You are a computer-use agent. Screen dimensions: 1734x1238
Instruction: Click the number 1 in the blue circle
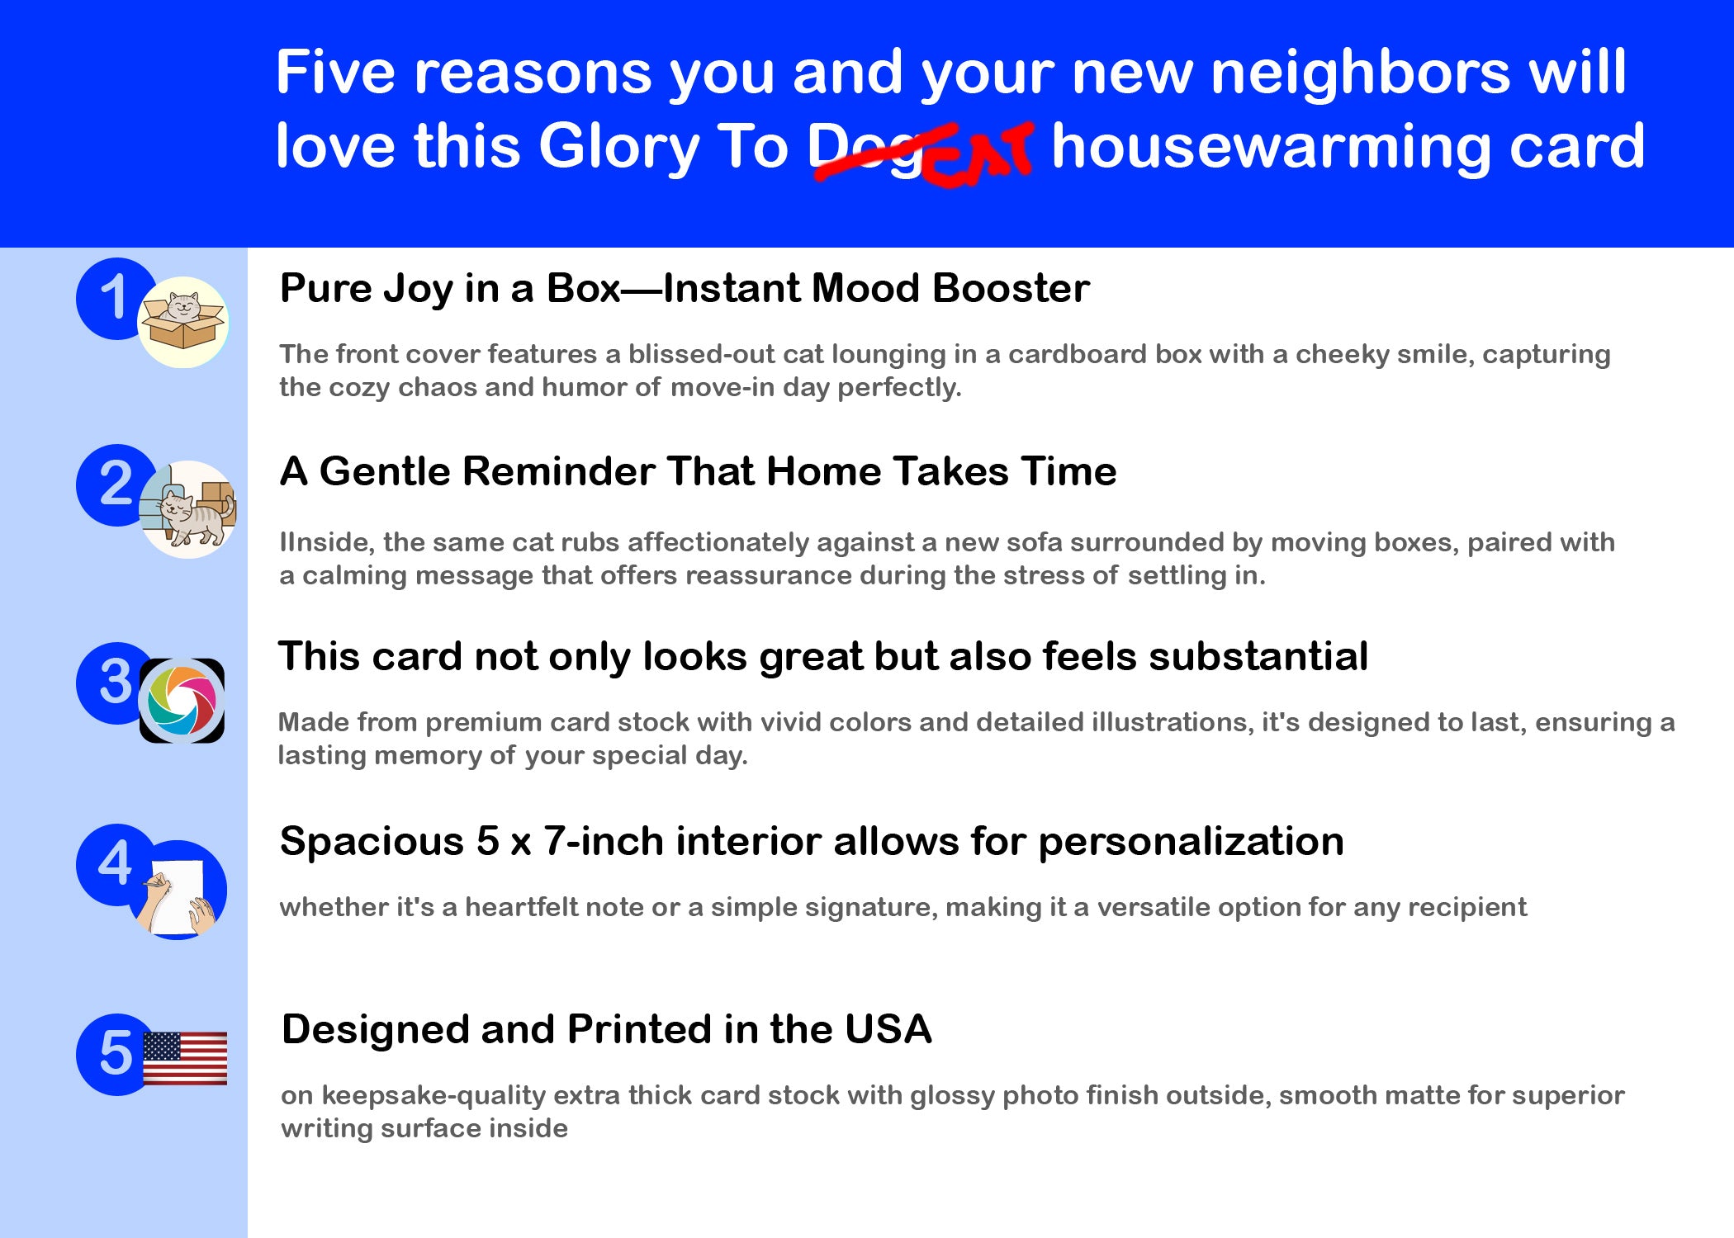pyautogui.click(x=113, y=298)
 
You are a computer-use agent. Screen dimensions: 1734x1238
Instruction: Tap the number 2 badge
pyautogui.click(x=115, y=484)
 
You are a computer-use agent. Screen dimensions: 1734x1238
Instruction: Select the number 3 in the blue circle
pyautogui.click(x=115, y=683)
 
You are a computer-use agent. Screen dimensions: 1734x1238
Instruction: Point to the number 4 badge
pyautogui.click(x=115, y=864)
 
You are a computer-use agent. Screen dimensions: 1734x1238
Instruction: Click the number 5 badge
pyautogui.click(x=115, y=1054)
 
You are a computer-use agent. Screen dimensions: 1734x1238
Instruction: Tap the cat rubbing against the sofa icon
pyautogui.click(x=188, y=509)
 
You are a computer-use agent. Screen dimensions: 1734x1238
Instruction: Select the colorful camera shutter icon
pyautogui.click(x=182, y=701)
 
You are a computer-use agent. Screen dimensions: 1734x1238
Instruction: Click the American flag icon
pyautogui.click(x=185, y=1058)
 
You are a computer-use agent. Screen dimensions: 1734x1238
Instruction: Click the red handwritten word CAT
pyautogui.click(x=978, y=155)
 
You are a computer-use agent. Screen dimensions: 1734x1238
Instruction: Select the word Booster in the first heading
pyautogui.click(x=1011, y=289)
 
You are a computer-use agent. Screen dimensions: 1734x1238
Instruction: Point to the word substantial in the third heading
pyautogui.click(x=1258, y=657)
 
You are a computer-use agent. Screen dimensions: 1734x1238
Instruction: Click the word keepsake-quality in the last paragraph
pyautogui.click(x=433, y=1096)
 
